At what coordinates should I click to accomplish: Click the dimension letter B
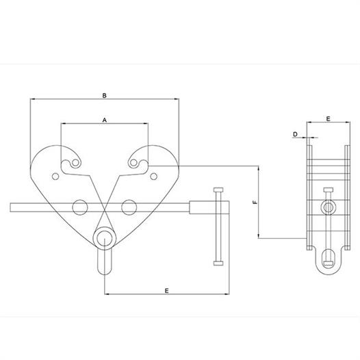click(105, 95)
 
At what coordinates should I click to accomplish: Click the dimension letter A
click(105, 120)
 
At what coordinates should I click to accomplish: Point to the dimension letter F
click(255, 203)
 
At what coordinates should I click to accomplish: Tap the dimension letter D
click(295, 134)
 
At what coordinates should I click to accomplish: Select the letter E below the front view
click(167, 291)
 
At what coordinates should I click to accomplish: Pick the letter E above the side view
click(329, 118)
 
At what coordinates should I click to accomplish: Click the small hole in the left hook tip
click(75, 163)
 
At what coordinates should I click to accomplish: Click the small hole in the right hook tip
click(133, 163)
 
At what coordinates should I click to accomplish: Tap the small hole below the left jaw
click(55, 177)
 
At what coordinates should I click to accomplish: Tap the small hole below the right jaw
click(153, 177)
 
